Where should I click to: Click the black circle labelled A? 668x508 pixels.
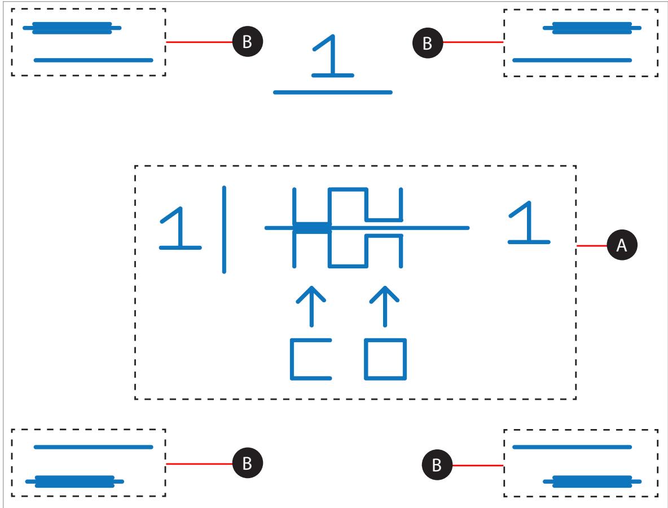coord(622,245)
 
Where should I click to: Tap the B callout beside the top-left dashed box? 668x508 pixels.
coord(248,42)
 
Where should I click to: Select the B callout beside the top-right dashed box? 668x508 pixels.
coord(428,43)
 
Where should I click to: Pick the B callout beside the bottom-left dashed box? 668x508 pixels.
coord(248,463)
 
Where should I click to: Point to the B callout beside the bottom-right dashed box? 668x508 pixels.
coord(437,465)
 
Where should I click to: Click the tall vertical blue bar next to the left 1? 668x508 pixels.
coord(224,229)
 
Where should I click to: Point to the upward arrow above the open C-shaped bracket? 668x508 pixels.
coord(311,307)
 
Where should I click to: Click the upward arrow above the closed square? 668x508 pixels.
coord(385,307)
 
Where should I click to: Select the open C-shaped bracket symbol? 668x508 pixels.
coord(292,359)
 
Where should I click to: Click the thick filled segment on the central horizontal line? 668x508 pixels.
coord(312,228)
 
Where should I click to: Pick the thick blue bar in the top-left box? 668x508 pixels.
coord(72,28)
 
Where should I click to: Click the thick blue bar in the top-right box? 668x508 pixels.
coord(592,28)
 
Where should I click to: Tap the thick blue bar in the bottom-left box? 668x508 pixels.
coord(74,482)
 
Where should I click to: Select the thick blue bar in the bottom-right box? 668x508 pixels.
coord(592,482)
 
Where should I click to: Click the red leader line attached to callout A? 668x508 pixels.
coord(592,246)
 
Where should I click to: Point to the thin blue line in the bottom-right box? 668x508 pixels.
coord(572,447)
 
